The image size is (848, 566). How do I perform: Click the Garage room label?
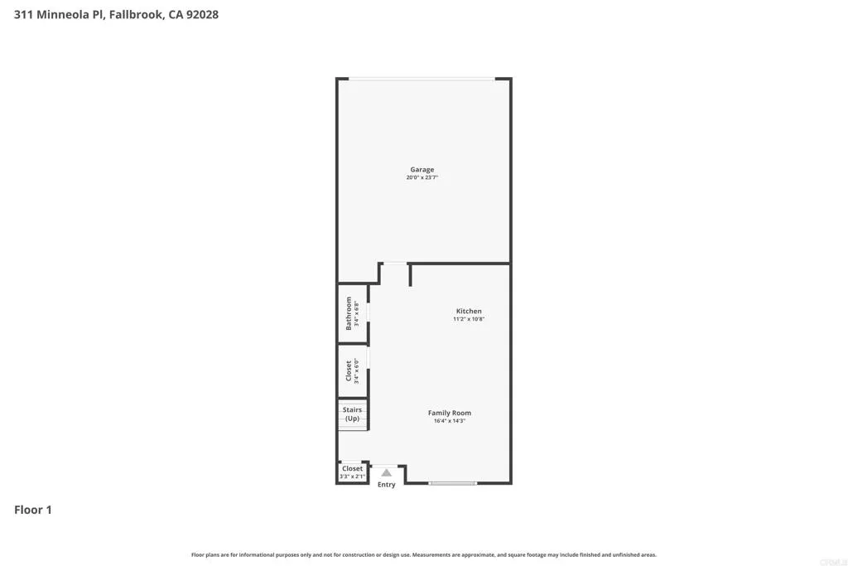pos(422,170)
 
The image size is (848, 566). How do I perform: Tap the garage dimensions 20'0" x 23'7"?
pos(422,178)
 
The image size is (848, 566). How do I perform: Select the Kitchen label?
pos(469,312)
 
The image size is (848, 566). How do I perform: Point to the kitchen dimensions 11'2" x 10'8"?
pos(469,319)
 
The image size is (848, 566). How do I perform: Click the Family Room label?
pos(450,413)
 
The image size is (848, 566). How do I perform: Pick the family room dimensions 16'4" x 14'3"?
pos(450,421)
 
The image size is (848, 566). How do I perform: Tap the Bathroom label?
pos(349,313)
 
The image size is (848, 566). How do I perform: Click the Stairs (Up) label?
pos(353,414)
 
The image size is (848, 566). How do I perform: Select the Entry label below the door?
pos(387,485)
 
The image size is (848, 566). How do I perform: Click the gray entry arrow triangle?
pos(386,472)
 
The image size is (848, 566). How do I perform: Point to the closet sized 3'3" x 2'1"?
pos(352,472)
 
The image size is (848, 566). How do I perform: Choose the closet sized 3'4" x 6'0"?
pos(349,371)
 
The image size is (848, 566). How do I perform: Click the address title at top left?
pos(117,15)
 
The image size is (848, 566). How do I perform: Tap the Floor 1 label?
pos(33,510)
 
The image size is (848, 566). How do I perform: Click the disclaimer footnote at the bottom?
pos(424,555)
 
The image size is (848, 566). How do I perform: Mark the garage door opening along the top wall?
pos(422,79)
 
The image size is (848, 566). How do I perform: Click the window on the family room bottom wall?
pos(453,483)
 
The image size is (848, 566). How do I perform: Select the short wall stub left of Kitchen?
pos(410,275)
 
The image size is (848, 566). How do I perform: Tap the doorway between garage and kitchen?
pos(395,264)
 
